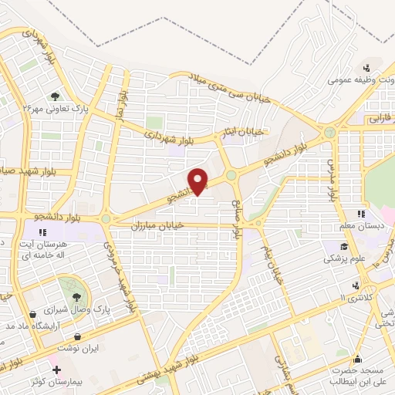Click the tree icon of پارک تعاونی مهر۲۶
click(56, 96)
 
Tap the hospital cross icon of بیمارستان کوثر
click(56, 370)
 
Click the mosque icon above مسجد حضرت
click(357, 358)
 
